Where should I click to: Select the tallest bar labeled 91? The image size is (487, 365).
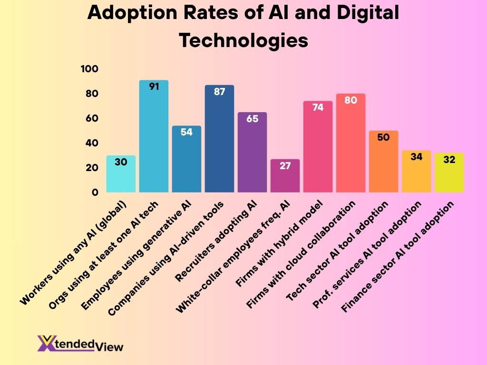(x=154, y=138)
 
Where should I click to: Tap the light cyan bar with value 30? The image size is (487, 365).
(x=121, y=176)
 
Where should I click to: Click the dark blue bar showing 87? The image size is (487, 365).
(x=219, y=140)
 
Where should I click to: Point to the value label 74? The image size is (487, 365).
(x=318, y=107)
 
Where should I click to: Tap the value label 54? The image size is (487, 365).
(x=186, y=132)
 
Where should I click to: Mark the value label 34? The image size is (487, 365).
(x=416, y=157)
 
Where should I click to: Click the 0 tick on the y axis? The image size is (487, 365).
(x=95, y=192)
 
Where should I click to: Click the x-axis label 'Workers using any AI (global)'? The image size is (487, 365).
(x=74, y=254)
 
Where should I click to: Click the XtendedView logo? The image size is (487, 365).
(x=80, y=344)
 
